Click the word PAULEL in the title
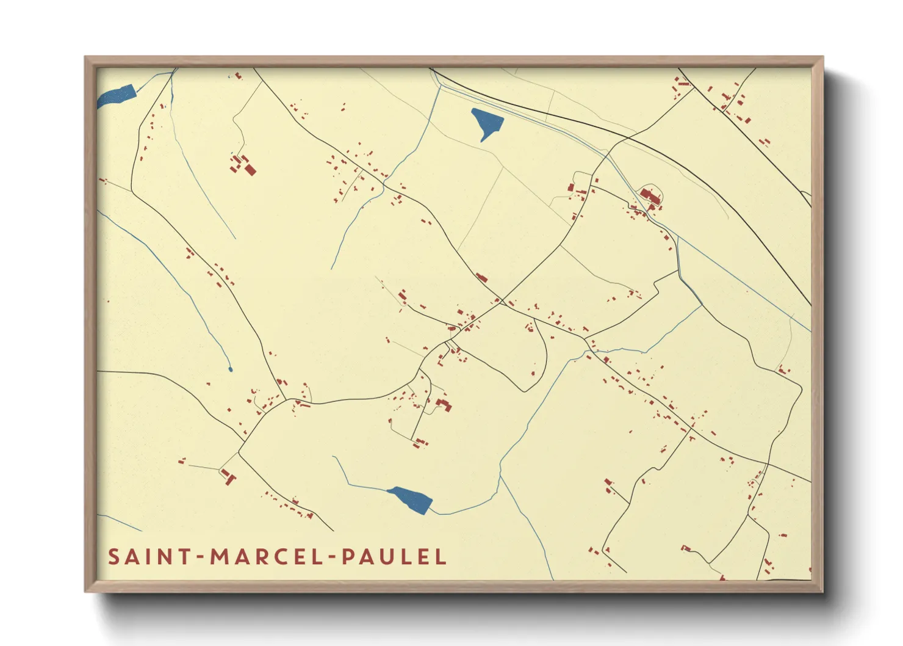click(394, 557)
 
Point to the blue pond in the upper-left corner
click(117, 95)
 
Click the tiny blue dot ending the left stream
click(230, 369)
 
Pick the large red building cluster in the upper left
click(243, 165)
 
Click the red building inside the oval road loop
click(650, 197)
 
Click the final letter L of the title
click(441, 557)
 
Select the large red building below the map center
click(444, 404)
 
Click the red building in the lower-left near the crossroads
click(228, 476)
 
